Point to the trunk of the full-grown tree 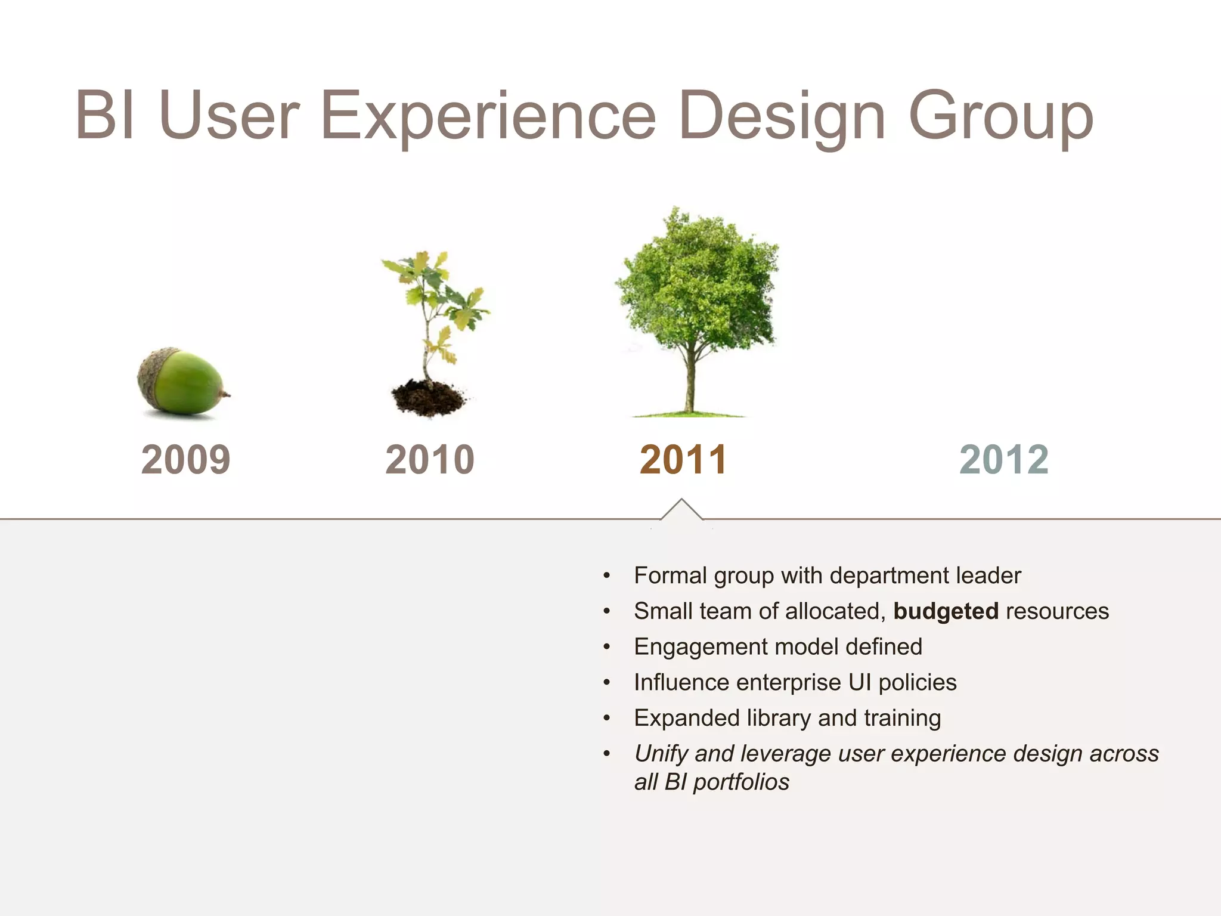(690, 382)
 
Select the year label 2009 (185, 460)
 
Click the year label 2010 (429, 460)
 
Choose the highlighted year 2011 (683, 460)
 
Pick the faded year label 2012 (1003, 460)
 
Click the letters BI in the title (105, 115)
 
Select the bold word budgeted (946, 611)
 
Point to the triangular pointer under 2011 (681, 510)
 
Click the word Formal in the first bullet (670, 575)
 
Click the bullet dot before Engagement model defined (606, 648)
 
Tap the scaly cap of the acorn (154, 370)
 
